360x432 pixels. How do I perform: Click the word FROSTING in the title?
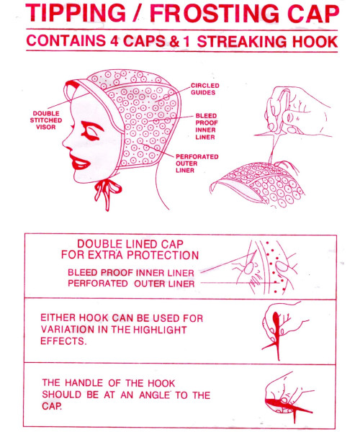pos(215,13)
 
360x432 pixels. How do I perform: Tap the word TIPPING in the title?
pos(76,13)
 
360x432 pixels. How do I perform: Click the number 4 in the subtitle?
pos(114,41)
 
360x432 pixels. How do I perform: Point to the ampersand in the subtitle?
pos(174,41)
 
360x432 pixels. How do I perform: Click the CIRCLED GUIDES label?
pos(205,89)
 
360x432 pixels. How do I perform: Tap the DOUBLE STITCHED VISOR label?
pos(46,120)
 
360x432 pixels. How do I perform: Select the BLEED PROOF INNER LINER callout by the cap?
pos(207,126)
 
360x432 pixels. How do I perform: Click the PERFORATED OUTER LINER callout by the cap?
pos(197,163)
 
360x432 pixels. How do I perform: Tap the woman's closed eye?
pos(91,131)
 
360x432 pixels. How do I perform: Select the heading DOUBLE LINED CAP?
pos(130,244)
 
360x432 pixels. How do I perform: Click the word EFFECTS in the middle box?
pos(63,341)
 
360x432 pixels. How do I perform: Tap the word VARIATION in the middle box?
pos(67,330)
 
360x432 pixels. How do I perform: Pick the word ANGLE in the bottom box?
pos(155,395)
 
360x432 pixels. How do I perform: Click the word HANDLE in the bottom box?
pos(84,383)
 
